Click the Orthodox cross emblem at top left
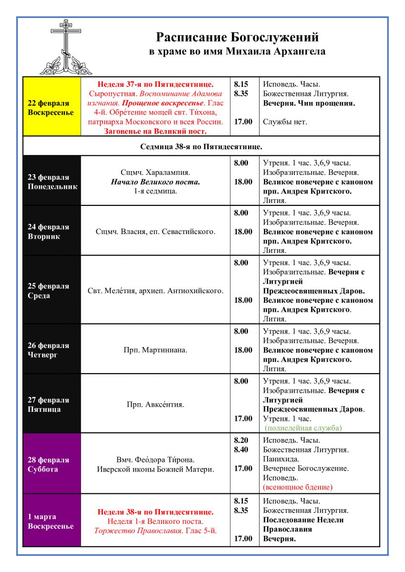[x=65, y=47]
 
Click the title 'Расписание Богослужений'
[x=237, y=37]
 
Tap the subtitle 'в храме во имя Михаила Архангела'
[x=237, y=51]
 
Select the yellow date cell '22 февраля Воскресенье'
[x=52, y=108]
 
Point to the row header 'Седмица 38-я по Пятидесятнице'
[x=201, y=146]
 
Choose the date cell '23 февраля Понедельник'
[x=52, y=182]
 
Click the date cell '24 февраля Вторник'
[x=52, y=232]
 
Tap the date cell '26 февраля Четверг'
[x=52, y=350]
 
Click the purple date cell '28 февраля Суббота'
[x=52, y=464]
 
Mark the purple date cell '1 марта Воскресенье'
[x=52, y=521]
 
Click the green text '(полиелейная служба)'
[x=304, y=428]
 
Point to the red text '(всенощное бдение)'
[x=298, y=487]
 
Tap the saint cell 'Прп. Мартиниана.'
[x=155, y=350]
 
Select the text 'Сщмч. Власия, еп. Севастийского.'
[x=155, y=232]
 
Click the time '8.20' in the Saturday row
[x=241, y=440]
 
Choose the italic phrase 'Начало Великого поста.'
[x=155, y=182]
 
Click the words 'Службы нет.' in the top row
[x=285, y=122]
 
